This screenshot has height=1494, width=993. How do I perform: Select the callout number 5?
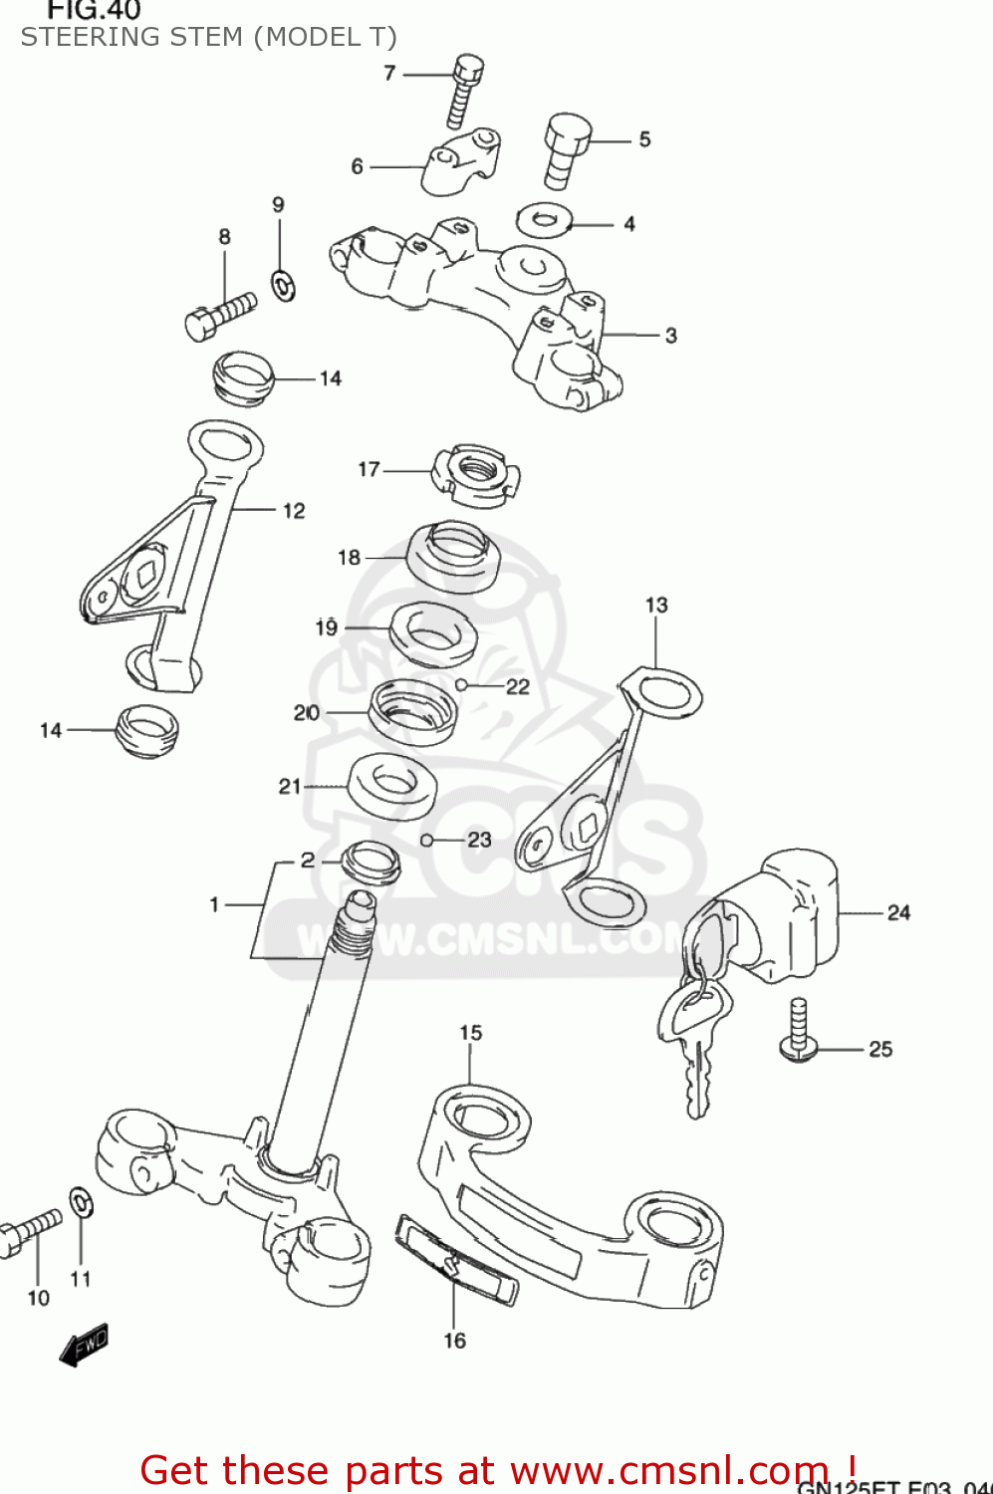tap(644, 139)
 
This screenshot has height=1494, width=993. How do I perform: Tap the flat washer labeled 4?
tap(544, 218)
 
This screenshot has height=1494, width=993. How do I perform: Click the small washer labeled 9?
tap(283, 285)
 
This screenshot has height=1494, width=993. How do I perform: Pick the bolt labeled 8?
tap(220, 315)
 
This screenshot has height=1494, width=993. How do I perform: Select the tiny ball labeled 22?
tap(461, 685)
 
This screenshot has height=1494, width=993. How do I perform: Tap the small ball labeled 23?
tap(426, 841)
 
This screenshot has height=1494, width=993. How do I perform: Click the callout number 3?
tap(671, 336)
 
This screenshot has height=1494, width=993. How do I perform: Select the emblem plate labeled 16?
tap(456, 1259)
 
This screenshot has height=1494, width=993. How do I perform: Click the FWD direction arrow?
tap(84, 1345)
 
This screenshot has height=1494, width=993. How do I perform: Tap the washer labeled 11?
tap(82, 1202)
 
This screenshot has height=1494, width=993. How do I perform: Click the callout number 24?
tap(898, 912)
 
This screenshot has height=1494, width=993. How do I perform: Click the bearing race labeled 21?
tap(391, 785)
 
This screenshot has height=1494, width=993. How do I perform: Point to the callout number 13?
tap(656, 606)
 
